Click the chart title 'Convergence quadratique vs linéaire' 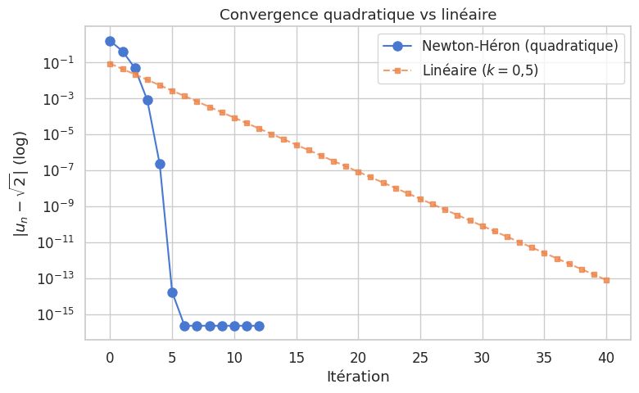point(358,14)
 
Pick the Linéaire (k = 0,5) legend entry point(480,70)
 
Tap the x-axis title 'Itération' point(358,377)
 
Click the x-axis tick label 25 point(420,357)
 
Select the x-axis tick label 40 point(606,357)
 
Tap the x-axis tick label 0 point(111,357)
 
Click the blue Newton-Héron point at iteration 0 point(111,41)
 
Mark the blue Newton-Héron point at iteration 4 point(160,164)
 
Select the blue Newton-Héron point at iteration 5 point(172,292)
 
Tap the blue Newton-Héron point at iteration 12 point(259,326)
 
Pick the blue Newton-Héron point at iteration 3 point(147,100)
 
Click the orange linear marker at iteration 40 point(606,280)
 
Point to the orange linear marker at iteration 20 point(358,172)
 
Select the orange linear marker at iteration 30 point(483,226)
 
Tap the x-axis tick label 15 point(297,357)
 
